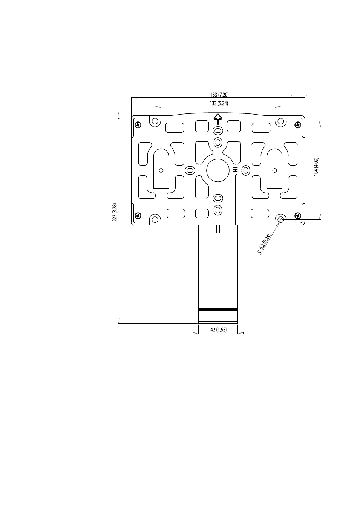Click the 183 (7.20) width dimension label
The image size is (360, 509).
tap(219, 95)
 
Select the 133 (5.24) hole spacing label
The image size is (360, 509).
tap(219, 103)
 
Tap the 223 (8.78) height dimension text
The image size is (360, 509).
tap(115, 212)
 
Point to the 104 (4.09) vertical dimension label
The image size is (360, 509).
tap(316, 167)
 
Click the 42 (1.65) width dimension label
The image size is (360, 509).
tap(218, 330)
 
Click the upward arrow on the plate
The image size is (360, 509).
tap(218, 119)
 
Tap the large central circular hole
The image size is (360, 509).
tap(218, 170)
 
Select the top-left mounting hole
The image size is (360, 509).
tap(155, 121)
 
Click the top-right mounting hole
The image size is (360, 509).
tap(281, 121)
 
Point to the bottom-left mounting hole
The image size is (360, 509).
tap(155, 219)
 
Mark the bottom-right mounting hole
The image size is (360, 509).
tap(281, 219)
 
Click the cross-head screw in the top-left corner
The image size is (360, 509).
tap(138, 124)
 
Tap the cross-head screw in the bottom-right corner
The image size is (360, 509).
tap(298, 215)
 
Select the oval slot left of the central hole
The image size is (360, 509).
tap(190, 170)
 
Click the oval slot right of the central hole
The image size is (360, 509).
tap(245, 170)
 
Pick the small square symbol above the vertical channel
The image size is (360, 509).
tap(235, 169)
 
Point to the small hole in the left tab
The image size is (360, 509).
tap(161, 170)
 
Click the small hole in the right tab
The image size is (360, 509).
tap(274, 170)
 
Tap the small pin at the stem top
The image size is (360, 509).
tap(218, 229)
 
